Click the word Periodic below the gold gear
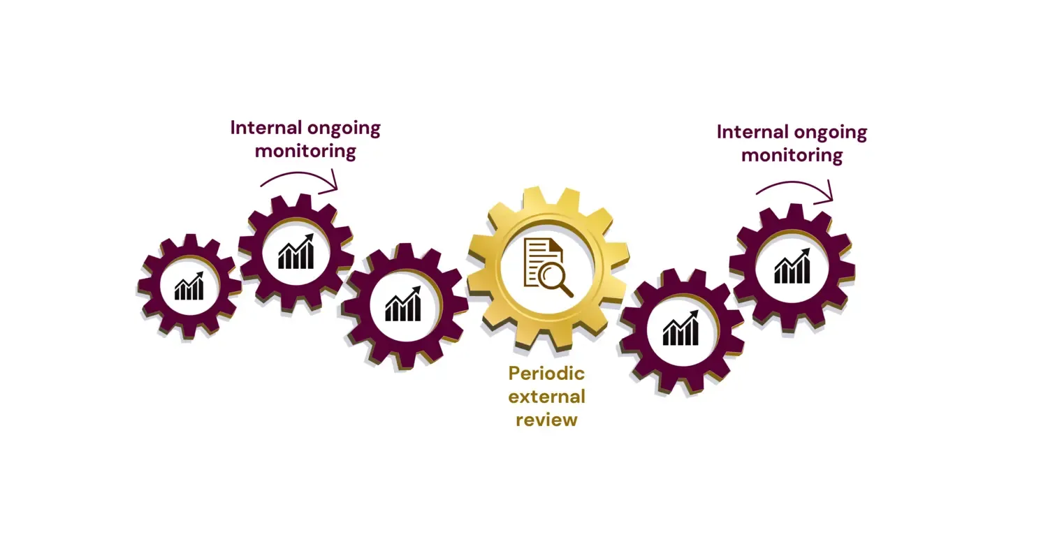(x=546, y=374)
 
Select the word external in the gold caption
(x=546, y=397)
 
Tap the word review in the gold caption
(x=546, y=420)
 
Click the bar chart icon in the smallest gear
(x=189, y=286)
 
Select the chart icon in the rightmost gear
(x=792, y=267)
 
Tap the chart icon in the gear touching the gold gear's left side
(x=403, y=304)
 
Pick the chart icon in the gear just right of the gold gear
(x=681, y=329)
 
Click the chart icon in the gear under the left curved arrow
(x=296, y=252)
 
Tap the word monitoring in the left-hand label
(x=305, y=152)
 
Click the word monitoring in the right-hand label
(x=792, y=156)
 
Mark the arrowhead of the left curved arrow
(x=335, y=184)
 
